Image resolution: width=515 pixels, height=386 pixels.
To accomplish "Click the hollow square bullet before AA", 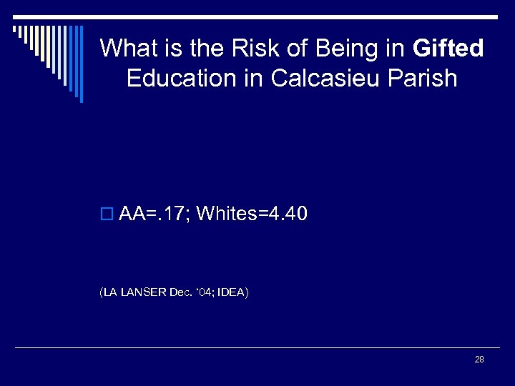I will point(108,214).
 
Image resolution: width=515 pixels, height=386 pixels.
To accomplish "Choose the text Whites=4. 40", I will point(252,213).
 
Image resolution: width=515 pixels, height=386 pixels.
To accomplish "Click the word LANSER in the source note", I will point(143,292).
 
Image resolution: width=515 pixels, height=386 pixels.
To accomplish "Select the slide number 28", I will point(479,359).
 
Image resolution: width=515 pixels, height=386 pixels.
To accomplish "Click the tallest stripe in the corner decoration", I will point(81,64).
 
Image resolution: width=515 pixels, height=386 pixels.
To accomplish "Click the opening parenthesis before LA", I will point(102,292).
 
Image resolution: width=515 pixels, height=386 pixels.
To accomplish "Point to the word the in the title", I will point(200,49).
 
